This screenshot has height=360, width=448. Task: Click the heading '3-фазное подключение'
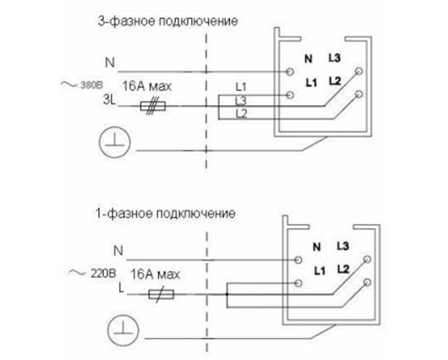point(168,21)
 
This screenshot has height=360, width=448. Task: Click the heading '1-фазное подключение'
point(165,213)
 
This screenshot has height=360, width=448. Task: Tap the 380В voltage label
point(90,85)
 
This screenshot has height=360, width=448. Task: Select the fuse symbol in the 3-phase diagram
point(151,107)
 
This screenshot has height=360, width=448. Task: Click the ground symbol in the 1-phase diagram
point(121,329)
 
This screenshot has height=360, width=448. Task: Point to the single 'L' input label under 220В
point(120,286)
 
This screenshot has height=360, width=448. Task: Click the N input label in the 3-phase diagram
point(110,62)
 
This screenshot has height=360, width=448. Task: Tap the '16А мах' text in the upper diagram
point(147,86)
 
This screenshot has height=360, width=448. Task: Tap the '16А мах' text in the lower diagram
point(155,273)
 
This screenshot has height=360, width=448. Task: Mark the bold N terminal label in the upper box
point(307,60)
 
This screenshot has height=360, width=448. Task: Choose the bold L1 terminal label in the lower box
point(319,270)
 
